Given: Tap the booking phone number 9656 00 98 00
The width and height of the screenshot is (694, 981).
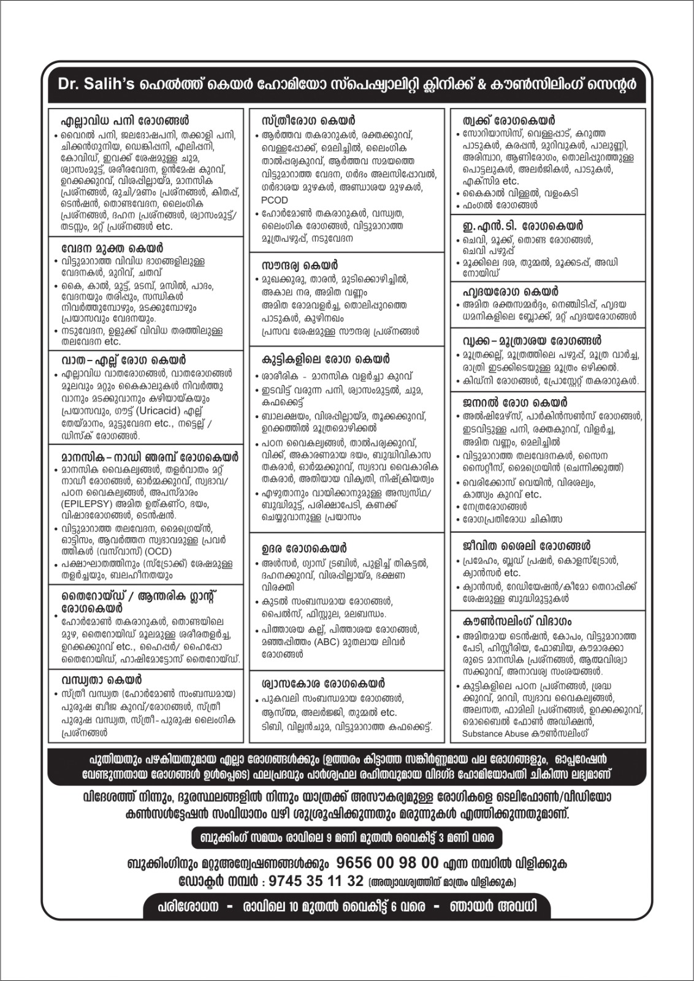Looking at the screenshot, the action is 387,863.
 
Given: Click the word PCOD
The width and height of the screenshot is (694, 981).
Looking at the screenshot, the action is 274,200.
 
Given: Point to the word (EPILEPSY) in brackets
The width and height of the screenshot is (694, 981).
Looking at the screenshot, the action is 90,504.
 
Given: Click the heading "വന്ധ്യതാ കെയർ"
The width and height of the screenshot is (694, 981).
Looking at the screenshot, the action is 101,679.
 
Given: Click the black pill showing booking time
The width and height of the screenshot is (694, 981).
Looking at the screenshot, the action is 346,838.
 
